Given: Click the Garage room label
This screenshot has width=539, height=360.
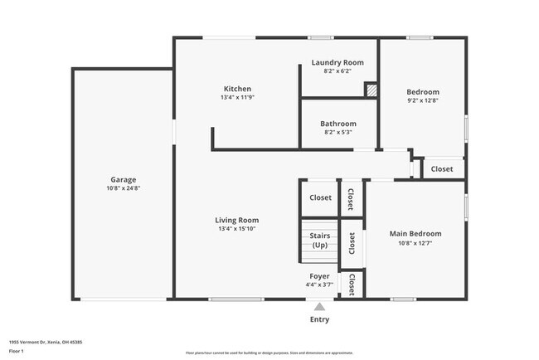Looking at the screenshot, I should coord(123,179).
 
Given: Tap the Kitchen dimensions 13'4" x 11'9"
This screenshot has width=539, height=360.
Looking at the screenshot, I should coord(236,98).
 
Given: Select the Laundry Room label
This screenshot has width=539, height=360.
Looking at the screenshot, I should coord(337,62).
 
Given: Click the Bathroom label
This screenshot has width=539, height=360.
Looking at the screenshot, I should coord(338,124).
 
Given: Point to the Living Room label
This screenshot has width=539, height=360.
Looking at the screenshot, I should coord(237,220).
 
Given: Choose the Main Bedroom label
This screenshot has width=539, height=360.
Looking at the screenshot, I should coord(415,234).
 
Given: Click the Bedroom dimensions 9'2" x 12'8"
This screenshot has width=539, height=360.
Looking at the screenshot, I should coord(422,100).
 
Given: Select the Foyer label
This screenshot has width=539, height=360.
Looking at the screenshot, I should coord(319,276).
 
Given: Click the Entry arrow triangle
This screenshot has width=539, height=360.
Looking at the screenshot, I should coord(319,306).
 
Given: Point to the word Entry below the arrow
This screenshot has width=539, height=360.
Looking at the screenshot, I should coord(319,319).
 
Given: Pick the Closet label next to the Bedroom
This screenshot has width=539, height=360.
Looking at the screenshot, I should coord(442,168).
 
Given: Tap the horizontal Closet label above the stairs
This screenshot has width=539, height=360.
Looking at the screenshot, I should coord(320,197).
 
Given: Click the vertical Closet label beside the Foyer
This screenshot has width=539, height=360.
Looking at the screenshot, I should coord(352,285).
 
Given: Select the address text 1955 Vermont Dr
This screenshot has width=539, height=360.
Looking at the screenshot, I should coord(45,342).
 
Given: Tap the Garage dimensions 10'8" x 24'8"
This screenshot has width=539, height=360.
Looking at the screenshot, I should coord(123,188).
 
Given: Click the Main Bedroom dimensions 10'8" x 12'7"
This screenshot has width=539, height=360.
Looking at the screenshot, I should coord(415,243).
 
